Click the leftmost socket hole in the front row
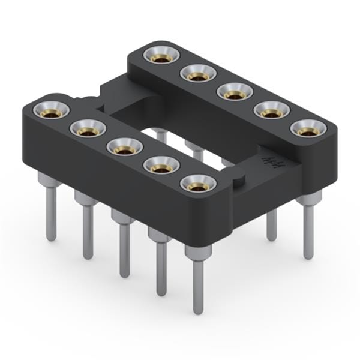[51, 110]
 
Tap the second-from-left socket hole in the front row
[88, 128]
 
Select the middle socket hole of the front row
[124, 147]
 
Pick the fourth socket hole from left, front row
[161, 165]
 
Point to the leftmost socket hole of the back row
[161, 56]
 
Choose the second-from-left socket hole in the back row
[197, 74]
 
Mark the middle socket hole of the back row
[234, 92]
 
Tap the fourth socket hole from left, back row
[271, 111]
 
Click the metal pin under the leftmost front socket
[51, 210]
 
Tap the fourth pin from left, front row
[161, 267]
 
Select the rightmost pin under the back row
[308, 231]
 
